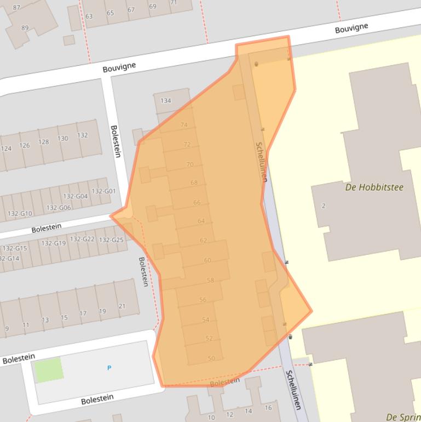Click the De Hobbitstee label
tap(374, 187)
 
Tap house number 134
tap(165, 101)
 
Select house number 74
tap(184, 125)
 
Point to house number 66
tap(197, 203)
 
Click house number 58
tap(210, 281)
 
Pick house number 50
tap(211, 358)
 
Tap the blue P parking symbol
tap(109, 368)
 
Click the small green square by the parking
tap(49, 369)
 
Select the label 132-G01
tap(103, 191)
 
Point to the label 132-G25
tap(111, 240)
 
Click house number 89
tap(25, 28)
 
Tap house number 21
tap(122, 306)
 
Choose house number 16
tap(268, 408)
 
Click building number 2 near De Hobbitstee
tap(324, 206)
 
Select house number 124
tap(7, 149)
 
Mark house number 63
tap(89, 16)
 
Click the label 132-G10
tap(20, 213)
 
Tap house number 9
tap(7, 329)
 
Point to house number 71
tap(174, 3)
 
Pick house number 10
tap(211, 418)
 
